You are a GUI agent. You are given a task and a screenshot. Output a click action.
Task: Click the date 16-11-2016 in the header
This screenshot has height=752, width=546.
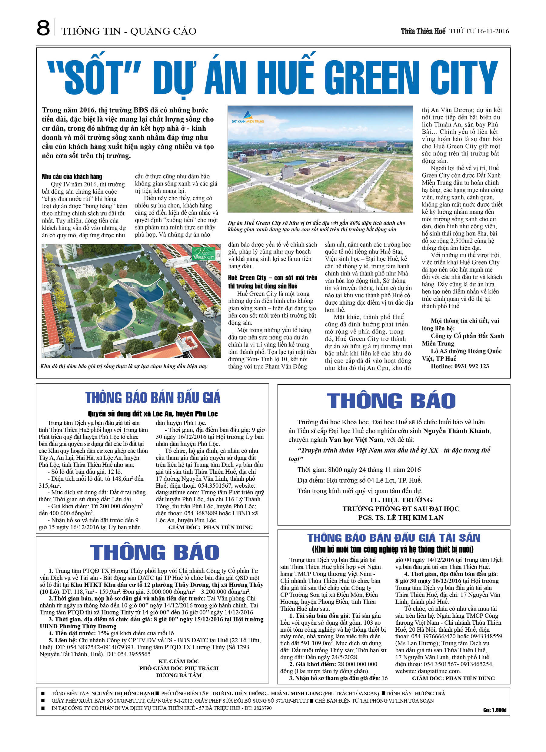pyautogui.click(x=493, y=31)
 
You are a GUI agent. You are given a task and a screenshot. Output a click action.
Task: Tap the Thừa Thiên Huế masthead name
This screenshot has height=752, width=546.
pyautogui.click(x=423, y=31)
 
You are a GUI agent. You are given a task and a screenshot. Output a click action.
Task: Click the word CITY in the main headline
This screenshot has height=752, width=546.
pyautogui.click(x=464, y=79)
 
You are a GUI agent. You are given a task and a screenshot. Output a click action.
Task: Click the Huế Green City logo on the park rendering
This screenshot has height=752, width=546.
pyautogui.click(x=204, y=253)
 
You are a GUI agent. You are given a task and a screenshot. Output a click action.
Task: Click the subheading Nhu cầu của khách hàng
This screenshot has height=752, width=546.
pyautogui.click(x=72, y=177)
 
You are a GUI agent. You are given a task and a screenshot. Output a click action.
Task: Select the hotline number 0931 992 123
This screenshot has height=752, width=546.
pyautogui.click(x=469, y=366)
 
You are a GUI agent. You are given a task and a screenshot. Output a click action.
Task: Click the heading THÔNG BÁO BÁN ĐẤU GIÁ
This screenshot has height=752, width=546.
pyautogui.click(x=152, y=398)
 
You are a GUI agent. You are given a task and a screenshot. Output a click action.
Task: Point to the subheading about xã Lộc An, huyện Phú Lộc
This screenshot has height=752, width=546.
pyautogui.click(x=152, y=413)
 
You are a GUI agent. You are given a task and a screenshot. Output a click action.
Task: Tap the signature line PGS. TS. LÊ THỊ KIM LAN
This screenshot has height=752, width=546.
pyautogui.click(x=401, y=517)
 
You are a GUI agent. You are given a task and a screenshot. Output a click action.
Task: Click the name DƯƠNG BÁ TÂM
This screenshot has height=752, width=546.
pyautogui.click(x=179, y=675)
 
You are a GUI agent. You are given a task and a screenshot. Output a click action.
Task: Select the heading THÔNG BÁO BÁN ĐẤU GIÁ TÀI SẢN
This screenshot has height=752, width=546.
pyautogui.click(x=394, y=538)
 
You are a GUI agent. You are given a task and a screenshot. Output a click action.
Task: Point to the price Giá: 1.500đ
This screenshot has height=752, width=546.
pyautogui.click(x=494, y=710)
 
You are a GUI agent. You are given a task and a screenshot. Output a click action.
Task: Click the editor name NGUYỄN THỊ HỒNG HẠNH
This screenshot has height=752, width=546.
pyautogui.click(x=123, y=693)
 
